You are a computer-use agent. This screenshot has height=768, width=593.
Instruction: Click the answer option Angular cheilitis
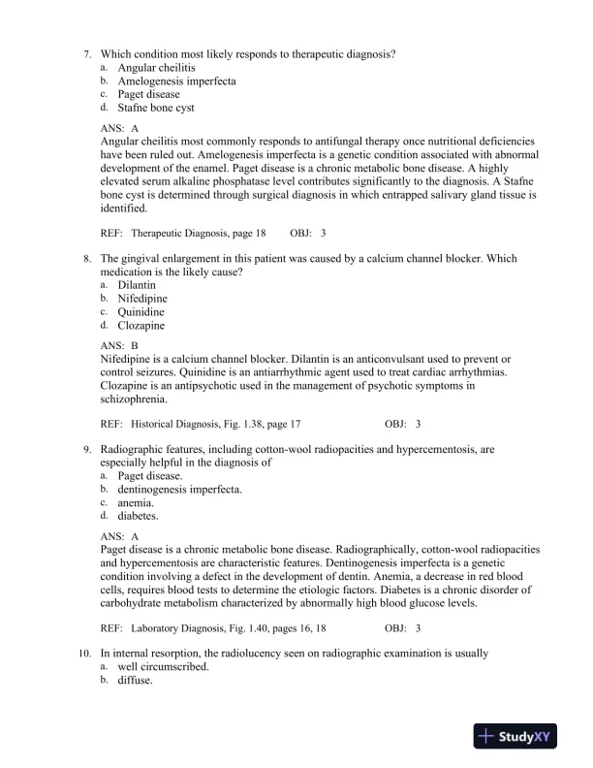click(x=156, y=68)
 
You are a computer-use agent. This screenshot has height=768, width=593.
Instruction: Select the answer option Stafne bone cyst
click(x=156, y=109)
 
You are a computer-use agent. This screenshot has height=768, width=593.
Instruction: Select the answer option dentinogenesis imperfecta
click(x=179, y=490)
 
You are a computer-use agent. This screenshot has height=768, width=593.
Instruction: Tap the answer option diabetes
click(x=138, y=517)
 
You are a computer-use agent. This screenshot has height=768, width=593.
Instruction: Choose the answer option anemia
click(x=137, y=503)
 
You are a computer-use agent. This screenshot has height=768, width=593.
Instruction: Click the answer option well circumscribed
click(x=160, y=666)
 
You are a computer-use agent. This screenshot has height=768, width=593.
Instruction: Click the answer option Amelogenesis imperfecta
click(x=176, y=81)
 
